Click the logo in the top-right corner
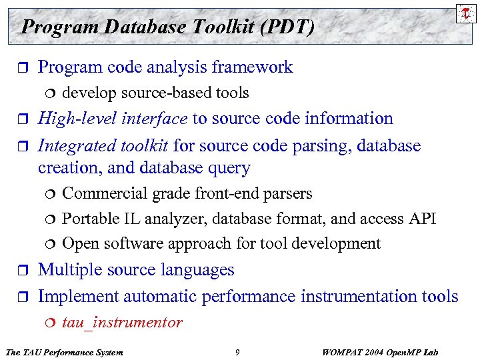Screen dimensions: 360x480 tap(465, 13)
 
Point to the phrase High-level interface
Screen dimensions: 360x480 tap(113, 119)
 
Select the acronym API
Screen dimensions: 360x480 tap(420, 219)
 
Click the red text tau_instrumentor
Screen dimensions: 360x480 tap(122, 323)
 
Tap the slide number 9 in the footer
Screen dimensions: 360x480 tap(237, 352)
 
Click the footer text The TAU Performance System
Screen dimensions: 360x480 tap(63, 352)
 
